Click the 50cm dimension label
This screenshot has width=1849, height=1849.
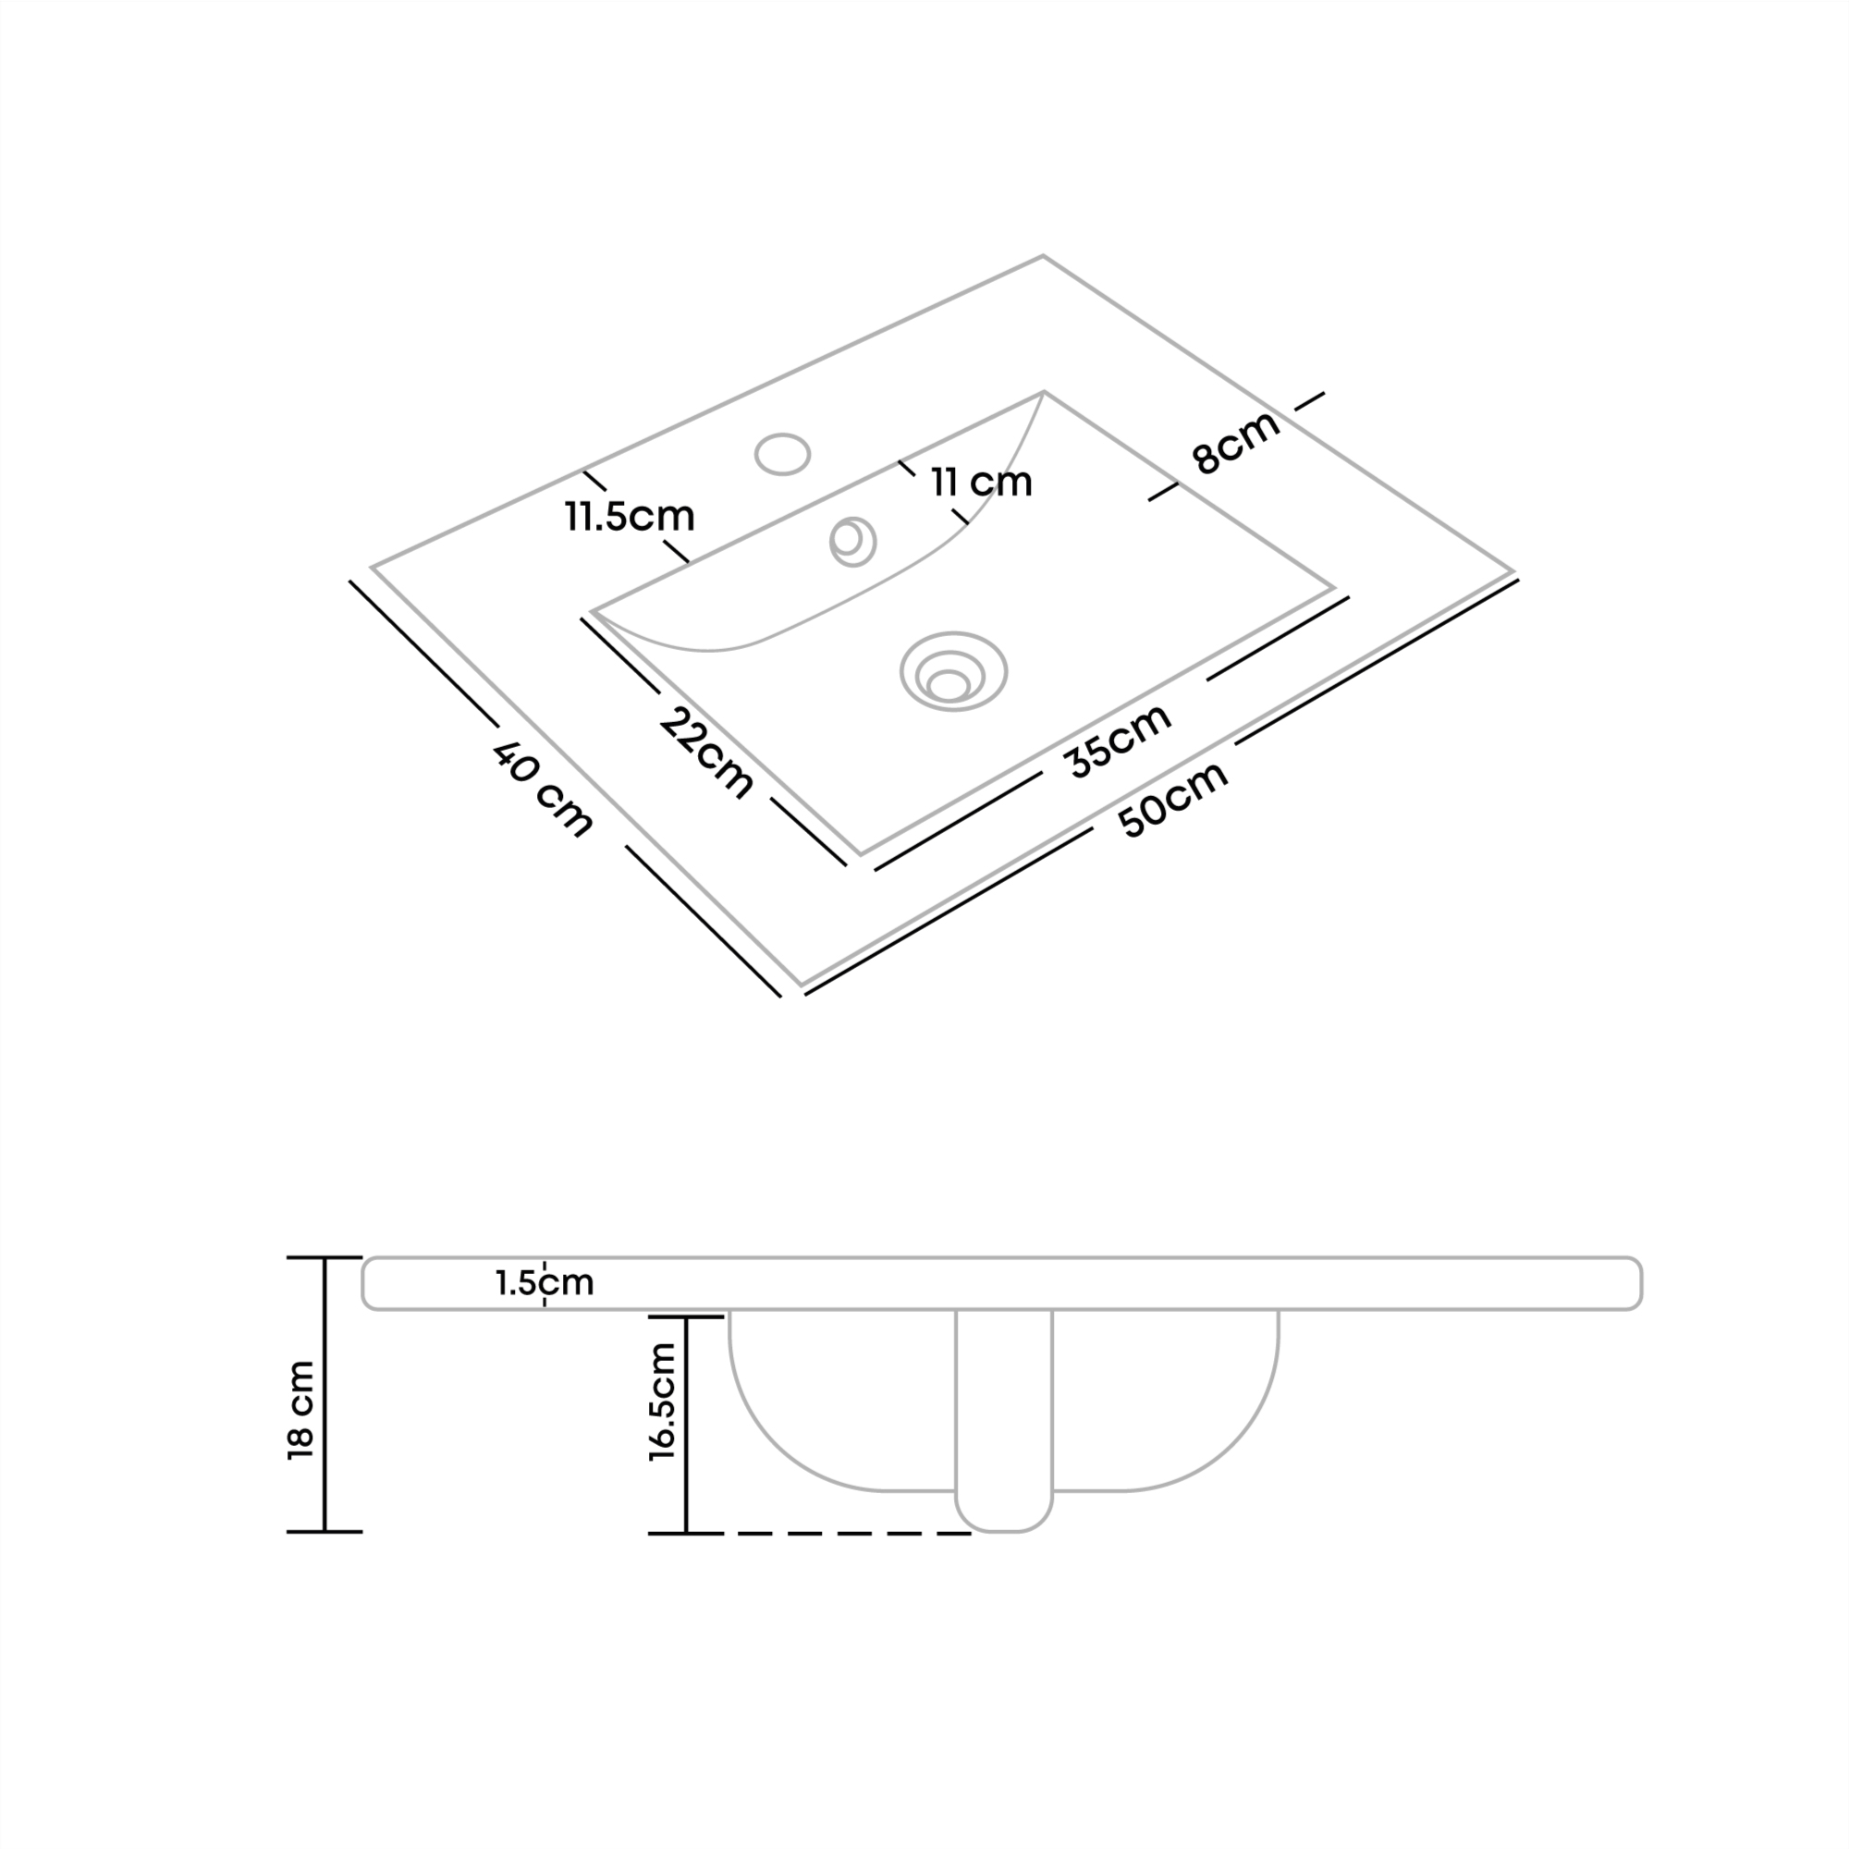(1174, 799)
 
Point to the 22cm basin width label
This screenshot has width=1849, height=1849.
(707, 753)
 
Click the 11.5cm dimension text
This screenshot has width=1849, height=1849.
(630, 517)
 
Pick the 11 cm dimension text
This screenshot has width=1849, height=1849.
(982, 483)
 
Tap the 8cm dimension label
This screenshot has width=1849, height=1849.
(1235, 441)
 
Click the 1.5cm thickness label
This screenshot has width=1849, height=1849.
(545, 1282)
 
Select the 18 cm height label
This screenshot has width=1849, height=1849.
(300, 1410)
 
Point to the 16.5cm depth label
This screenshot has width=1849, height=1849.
(662, 1402)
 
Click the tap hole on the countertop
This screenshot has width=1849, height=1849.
(782, 454)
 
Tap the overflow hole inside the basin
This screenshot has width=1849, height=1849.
(852, 542)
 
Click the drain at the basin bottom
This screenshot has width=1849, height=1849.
(953, 671)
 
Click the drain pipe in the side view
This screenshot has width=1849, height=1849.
(1004, 1421)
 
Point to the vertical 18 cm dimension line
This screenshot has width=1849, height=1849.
(325, 1394)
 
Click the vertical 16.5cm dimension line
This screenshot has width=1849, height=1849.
(686, 1425)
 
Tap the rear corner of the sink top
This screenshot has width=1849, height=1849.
(1042, 255)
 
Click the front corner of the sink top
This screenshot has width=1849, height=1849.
(802, 985)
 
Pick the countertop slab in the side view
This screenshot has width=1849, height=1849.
(1002, 1282)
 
